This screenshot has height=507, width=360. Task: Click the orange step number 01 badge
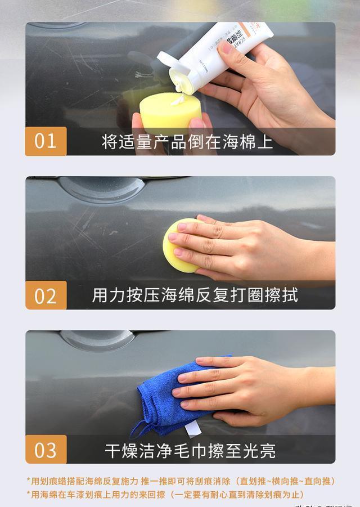pos(46,141)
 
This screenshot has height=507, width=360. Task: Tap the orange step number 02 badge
pos(46,295)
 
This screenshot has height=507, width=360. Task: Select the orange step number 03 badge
pos(46,450)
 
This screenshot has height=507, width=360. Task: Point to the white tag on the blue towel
pos(193,429)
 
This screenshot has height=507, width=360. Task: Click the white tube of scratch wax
pos(225,51)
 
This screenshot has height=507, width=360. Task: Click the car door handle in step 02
pos(101,190)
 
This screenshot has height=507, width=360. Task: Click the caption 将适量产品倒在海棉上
pos(187,142)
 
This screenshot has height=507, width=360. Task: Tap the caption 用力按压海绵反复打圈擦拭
pos(195,295)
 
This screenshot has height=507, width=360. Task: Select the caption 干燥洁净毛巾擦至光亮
pos(190,450)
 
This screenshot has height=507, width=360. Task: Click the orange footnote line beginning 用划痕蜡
pos(181,481)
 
